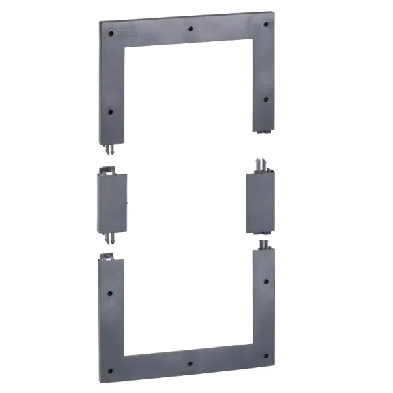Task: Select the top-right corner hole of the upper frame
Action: [x=266, y=24]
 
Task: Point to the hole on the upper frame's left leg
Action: [x=111, y=112]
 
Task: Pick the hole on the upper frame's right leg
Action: [x=265, y=100]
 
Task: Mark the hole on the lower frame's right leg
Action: [x=264, y=282]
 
